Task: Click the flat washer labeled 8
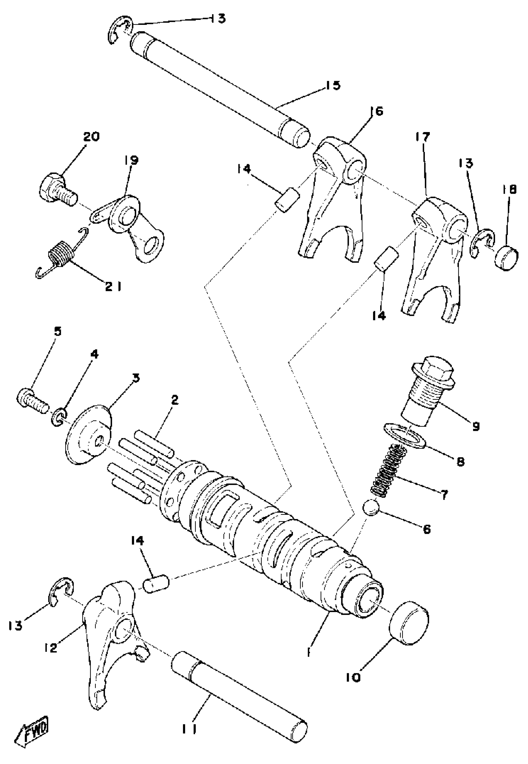(x=404, y=436)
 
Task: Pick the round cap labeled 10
(x=409, y=623)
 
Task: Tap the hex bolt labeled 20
(x=57, y=189)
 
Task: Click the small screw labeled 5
(x=31, y=400)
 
